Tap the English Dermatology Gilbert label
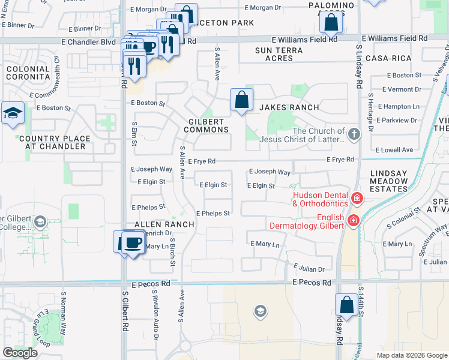coord(318,221)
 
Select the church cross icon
coord(354,134)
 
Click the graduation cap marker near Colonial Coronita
coord(12,113)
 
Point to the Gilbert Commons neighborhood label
coord(206,125)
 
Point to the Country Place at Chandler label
coord(55,143)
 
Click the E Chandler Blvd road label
coord(89,42)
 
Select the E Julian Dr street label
coord(309,269)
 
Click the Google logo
coord(20,352)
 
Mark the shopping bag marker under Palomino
coord(331,24)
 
